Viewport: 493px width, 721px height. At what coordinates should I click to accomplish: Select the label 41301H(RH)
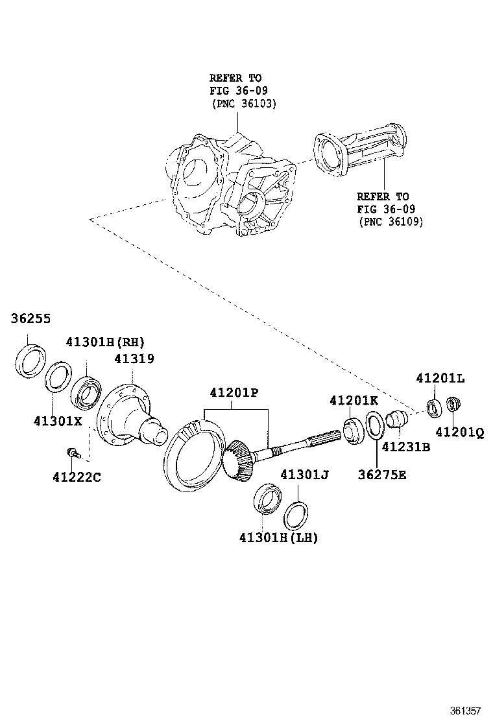104,342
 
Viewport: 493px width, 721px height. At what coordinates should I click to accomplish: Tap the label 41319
134,359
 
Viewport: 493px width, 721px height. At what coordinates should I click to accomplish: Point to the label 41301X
58,420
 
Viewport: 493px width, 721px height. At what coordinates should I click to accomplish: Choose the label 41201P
234,392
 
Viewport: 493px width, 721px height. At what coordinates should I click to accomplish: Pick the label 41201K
354,401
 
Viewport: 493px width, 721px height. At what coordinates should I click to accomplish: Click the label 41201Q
459,432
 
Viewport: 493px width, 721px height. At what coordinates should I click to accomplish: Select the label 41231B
405,447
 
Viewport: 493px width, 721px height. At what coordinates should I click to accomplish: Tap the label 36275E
382,475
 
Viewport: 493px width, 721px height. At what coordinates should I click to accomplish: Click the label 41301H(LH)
278,538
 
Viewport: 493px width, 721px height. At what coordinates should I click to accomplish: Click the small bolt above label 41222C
71,451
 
